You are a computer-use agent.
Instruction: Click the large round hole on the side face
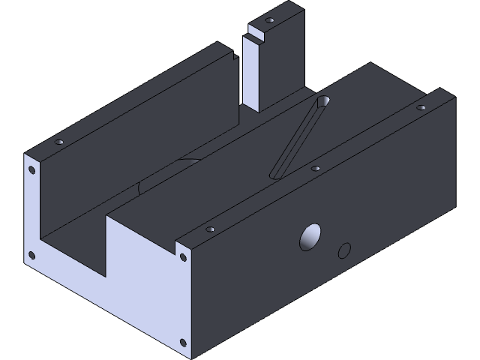[x=310, y=237]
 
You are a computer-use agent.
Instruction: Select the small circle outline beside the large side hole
[x=345, y=250]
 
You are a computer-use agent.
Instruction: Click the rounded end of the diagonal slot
[x=324, y=101]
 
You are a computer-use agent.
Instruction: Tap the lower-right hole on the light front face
[x=182, y=343]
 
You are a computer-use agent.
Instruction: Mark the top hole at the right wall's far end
[x=421, y=108]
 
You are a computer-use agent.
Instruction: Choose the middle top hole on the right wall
[x=316, y=169]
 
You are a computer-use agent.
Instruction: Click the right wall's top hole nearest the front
[x=211, y=229]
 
